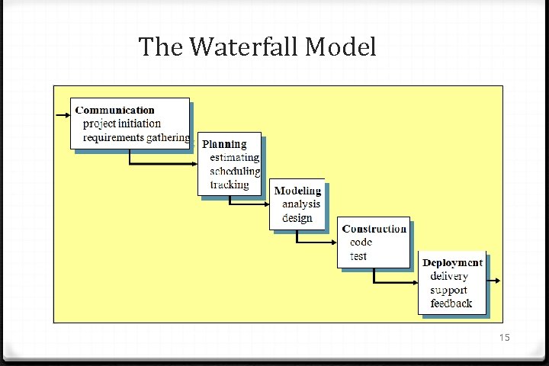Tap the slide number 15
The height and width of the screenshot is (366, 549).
click(503, 338)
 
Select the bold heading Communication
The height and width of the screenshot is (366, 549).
click(114, 111)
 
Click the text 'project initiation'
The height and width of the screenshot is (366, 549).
click(122, 124)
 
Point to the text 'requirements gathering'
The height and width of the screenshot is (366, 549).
click(136, 137)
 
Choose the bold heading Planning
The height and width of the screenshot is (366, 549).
click(224, 144)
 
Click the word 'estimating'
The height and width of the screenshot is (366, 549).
click(235, 158)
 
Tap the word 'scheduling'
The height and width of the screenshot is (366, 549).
click(235, 172)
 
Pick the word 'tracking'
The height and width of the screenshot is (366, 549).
click(230, 185)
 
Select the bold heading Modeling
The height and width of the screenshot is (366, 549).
click(297, 191)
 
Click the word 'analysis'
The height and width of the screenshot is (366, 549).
click(301, 204)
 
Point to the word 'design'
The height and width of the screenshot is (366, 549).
click(297, 218)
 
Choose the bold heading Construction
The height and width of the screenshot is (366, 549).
click(374, 229)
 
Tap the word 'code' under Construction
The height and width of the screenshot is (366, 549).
click(361, 242)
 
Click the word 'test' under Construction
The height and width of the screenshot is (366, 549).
click(358, 256)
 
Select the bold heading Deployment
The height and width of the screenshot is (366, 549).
click(453, 262)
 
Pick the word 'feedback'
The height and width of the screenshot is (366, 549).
click(451, 303)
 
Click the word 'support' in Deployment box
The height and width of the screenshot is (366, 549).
click(448, 290)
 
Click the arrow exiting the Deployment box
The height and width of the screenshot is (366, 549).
click(494, 281)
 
